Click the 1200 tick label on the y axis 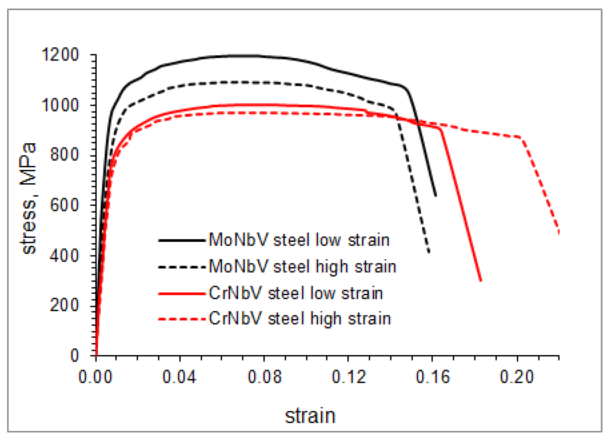coord(60,55)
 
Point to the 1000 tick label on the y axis coord(60,105)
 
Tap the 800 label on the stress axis coord(64,155)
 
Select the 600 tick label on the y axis coord(64,205)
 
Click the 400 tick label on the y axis coord(64,255)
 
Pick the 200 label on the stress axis coord(64,305)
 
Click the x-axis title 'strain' coord(310,416)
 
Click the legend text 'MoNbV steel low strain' coord(299,240)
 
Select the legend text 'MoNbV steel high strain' coord(302,266)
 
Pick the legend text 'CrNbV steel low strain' coord(296,293)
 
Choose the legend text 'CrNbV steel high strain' coord(300,318)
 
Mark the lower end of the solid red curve coord(481,281)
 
